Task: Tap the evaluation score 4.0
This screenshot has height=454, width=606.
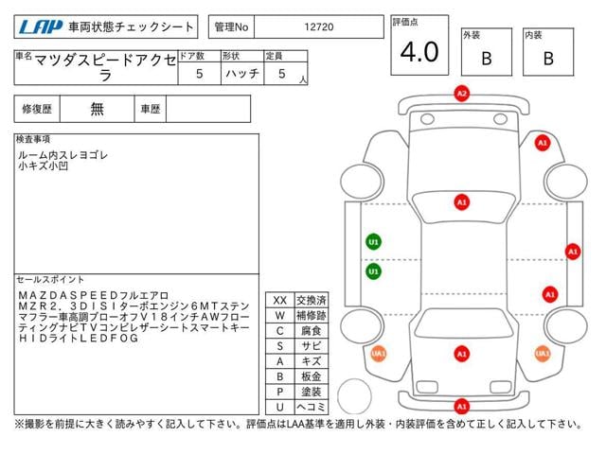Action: [x=419, y=53]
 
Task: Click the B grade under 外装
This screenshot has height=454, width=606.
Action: [x=487, y=59]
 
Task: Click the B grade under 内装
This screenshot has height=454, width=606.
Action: [x=547, y=59]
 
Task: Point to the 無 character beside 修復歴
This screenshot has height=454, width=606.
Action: [x=98, y=109]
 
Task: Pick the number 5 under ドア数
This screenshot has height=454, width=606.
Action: [x=198, y=73]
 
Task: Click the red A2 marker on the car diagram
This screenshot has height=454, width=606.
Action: [x=462, y=94]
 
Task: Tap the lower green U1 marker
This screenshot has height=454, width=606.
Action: [x=374, y=271]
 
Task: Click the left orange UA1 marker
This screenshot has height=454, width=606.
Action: [x=379, y=354]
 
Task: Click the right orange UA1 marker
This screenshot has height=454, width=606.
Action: [x=542, y=354]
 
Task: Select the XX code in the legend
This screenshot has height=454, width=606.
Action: [x=279, y=300]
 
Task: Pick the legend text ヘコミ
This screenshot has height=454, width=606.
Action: [x=312, y=406]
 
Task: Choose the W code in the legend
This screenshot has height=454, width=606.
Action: [x=279, y=315]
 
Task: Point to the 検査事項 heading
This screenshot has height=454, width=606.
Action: [x=34, y=139]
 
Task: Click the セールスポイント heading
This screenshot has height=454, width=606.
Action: [x=51, y=279]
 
